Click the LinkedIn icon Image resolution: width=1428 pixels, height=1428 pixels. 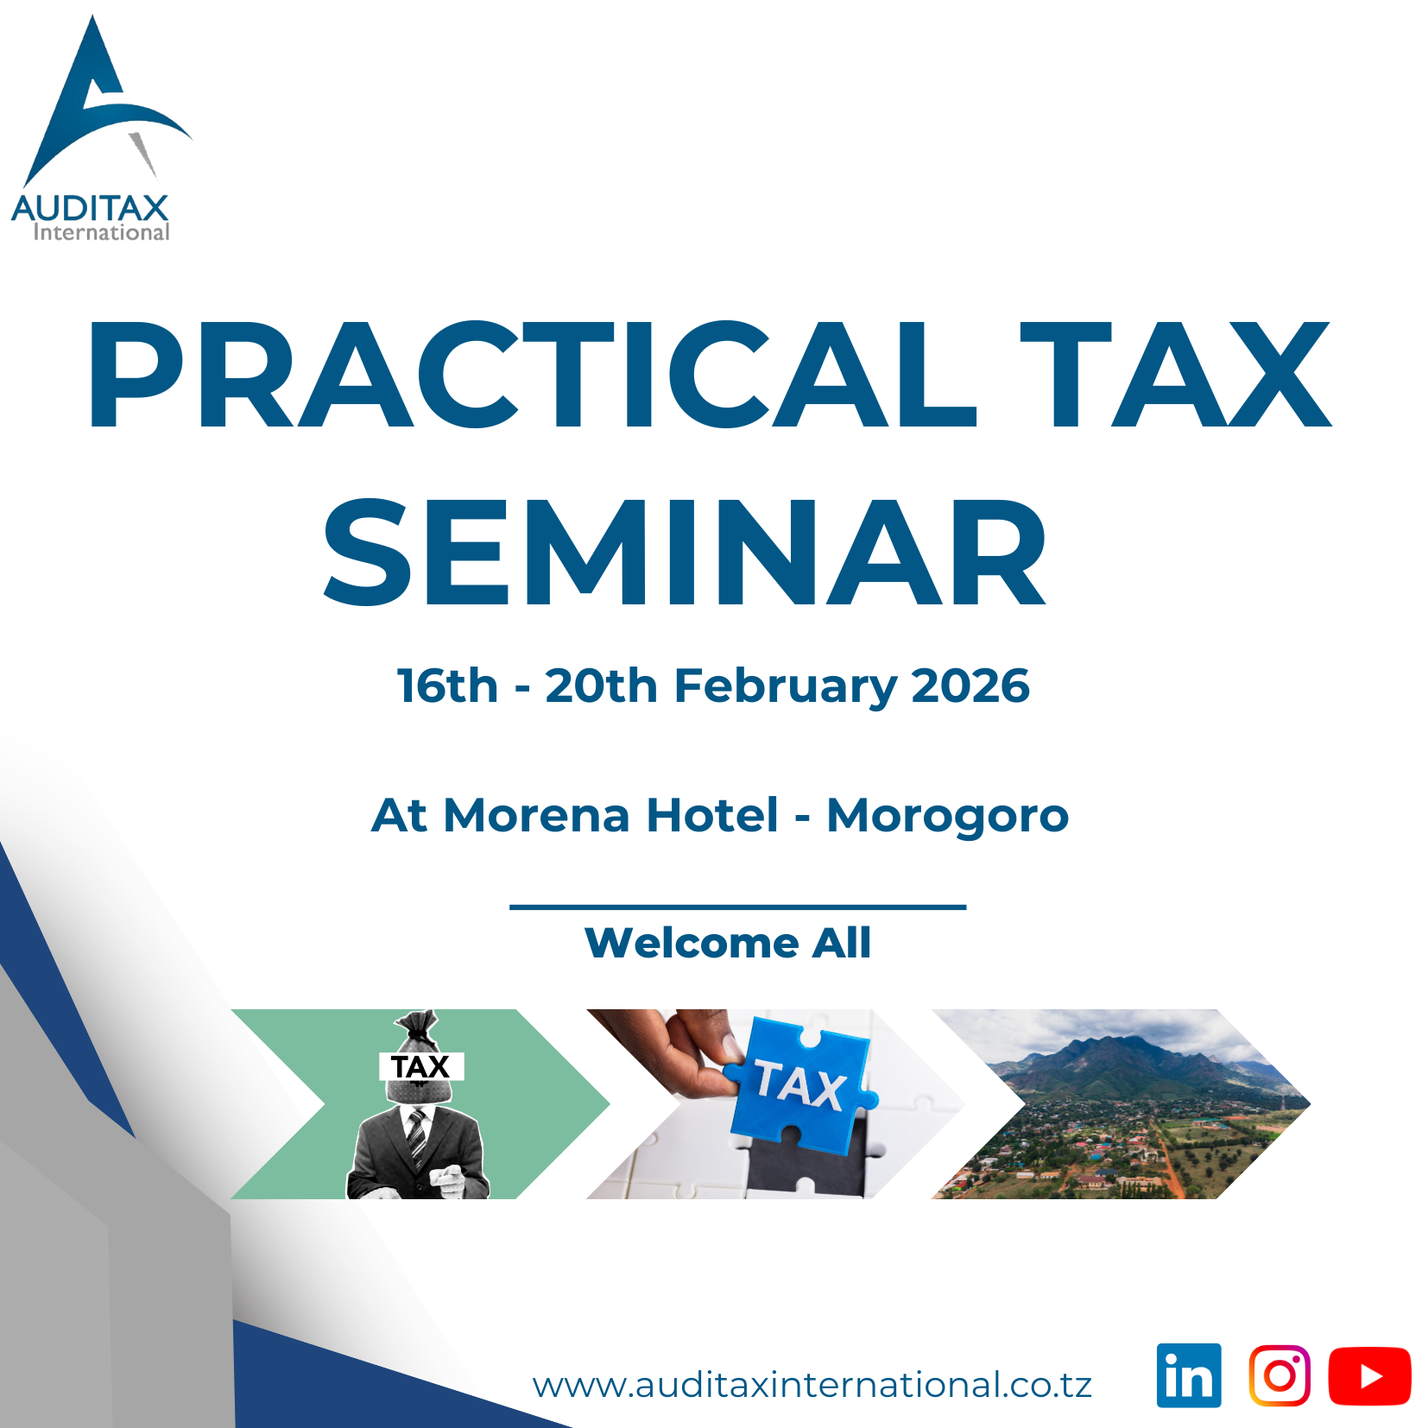point(1189,1375)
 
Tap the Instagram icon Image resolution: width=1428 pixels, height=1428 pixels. point(1280,1375)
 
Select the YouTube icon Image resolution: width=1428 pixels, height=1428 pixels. point(1369,1376)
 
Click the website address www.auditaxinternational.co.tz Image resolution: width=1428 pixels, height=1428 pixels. point(812,1385)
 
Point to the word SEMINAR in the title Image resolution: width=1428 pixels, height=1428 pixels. point(685,552)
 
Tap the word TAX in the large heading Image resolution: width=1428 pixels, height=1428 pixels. point(1175,375)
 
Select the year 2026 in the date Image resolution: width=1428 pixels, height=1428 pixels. point(970,686)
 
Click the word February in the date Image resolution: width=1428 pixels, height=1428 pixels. point(785,688)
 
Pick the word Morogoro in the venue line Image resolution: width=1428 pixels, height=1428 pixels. point(948,816)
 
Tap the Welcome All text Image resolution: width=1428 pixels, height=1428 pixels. point(728,943)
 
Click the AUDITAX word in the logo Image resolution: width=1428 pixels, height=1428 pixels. point(90,208)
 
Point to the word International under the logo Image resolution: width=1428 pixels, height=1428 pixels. point(101,232)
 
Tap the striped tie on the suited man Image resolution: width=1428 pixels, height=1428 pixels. point(417,1135)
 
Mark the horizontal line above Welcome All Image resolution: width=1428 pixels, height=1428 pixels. point(738,907)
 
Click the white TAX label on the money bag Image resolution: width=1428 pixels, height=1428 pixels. point(421,1066)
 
